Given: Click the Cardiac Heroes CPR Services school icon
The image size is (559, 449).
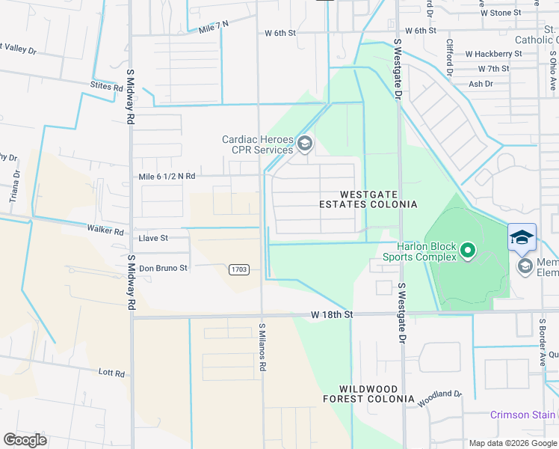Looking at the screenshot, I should (304, 142).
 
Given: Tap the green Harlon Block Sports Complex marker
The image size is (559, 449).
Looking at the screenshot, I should (468, 250).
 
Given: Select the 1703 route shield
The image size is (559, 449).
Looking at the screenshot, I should (239, 269).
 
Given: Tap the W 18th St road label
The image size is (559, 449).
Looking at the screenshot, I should (332, 315).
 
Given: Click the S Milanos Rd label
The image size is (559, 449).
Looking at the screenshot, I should (262, 347).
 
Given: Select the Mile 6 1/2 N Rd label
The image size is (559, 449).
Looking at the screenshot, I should (167, 177).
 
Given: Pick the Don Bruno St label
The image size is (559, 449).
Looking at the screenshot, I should (163, 268).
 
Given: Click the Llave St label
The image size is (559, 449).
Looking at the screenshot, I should (153, 238).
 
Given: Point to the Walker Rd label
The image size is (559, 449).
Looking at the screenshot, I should (105, 230).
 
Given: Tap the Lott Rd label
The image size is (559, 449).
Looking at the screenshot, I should (110, 372).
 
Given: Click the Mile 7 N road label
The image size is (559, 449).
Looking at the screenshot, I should (214, 28).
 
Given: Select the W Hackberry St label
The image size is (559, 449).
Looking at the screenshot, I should (493, 54).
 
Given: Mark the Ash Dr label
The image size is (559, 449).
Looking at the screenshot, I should (480, 84).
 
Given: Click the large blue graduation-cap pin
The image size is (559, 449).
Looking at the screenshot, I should (522, 238).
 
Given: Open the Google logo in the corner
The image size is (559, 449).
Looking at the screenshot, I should (25, 439).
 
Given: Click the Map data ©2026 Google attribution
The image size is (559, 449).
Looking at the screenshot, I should (512, 443).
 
